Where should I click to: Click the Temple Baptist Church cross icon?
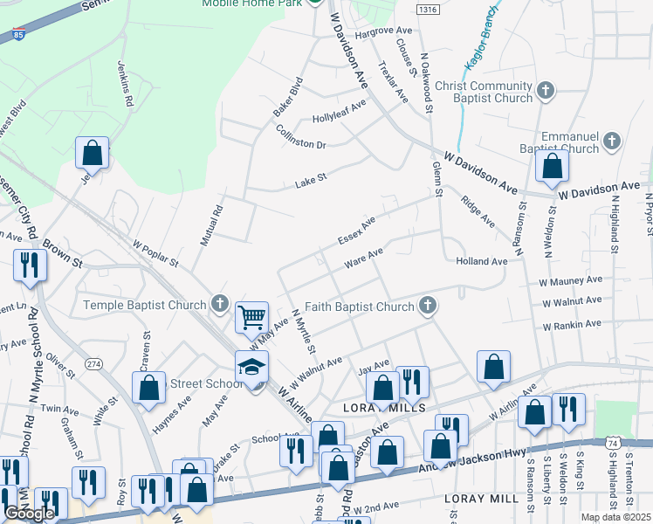tap(220, 305)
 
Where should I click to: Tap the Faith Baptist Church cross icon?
tap(427, 306)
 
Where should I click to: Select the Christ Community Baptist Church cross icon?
tap(546, 90)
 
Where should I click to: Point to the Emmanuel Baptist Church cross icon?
tap(613, 140)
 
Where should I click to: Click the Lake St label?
tap(310, 178)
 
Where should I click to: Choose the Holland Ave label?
tap(481, 261)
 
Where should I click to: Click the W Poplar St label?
tap(155, 255)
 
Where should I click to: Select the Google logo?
tap(29, 514)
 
